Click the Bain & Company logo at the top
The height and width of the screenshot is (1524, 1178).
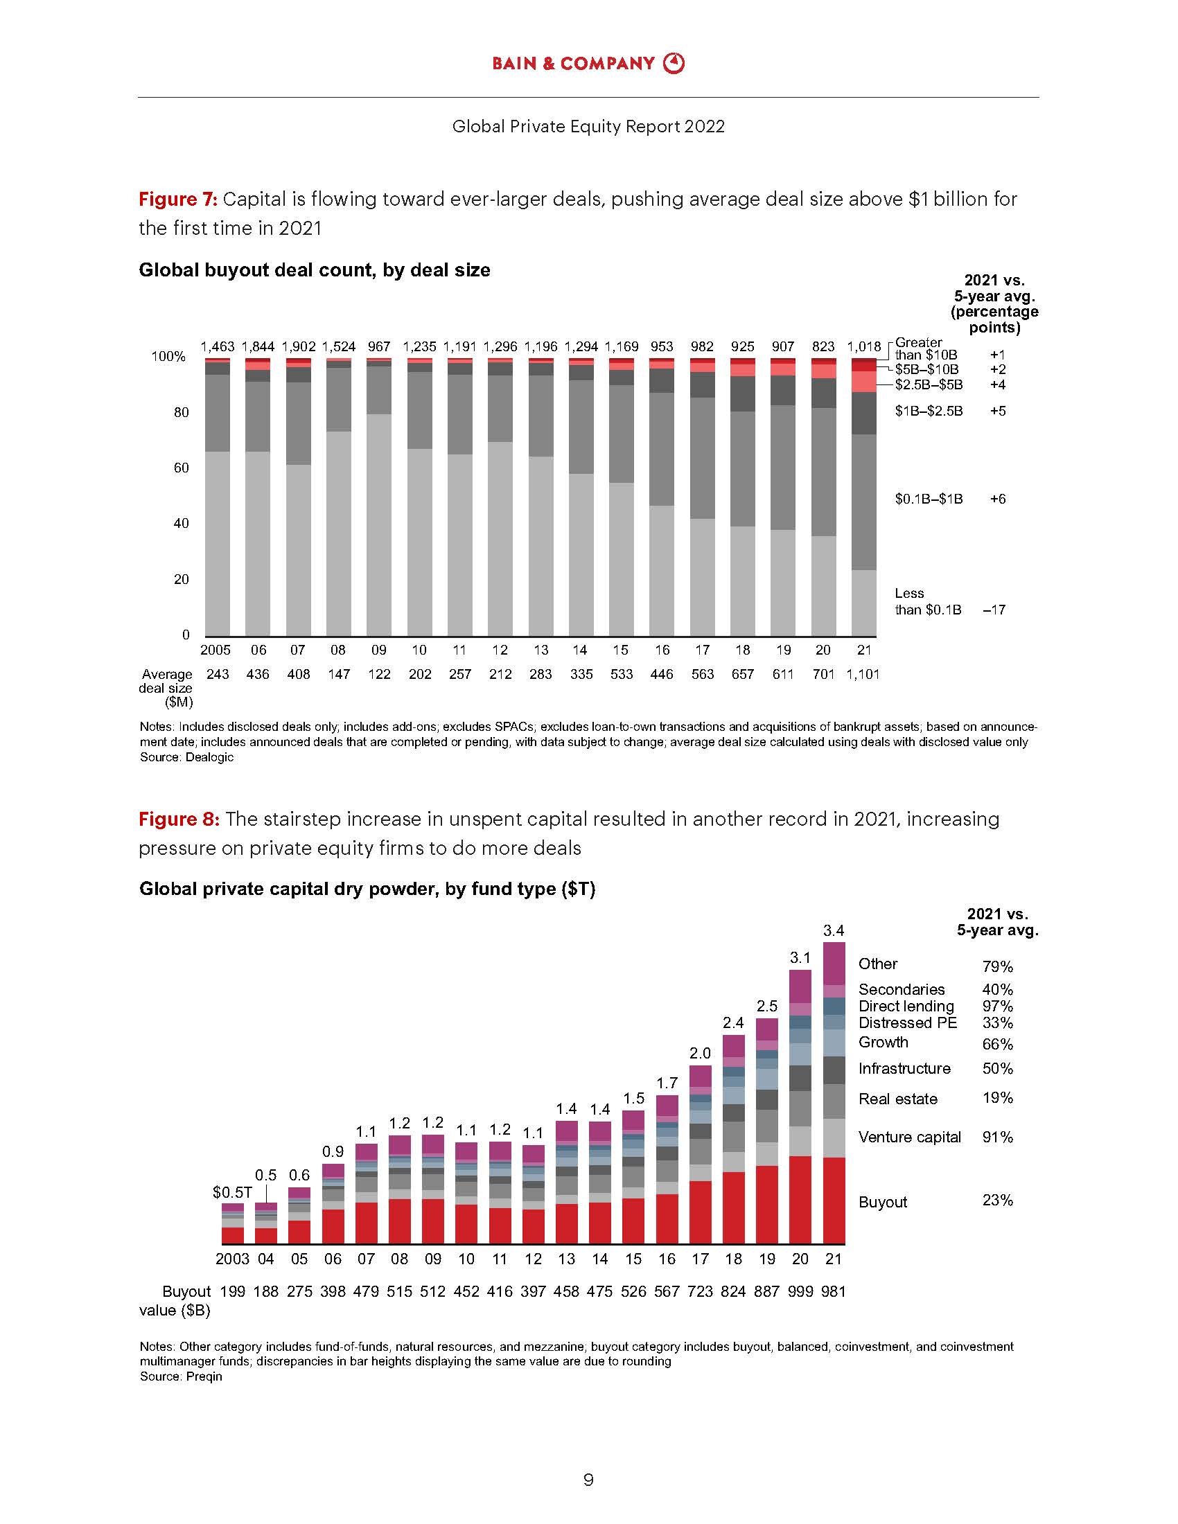[588, 64]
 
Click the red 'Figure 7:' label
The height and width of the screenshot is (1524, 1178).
[178, 200]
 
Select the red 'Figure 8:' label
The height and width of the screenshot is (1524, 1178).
[179, 819]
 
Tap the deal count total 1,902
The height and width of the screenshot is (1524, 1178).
[298, 346]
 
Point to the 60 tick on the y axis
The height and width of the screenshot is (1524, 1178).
[182, 468]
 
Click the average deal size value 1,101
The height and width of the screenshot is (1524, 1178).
[863, 674]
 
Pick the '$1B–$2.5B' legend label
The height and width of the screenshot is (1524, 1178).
[929, 411]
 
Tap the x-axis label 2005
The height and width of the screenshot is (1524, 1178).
[216, 650]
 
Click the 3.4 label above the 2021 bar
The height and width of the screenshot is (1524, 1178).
[833, 930]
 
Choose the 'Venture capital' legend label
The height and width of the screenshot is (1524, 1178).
[909, 1137]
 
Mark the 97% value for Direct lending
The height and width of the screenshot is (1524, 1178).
[997, 1007]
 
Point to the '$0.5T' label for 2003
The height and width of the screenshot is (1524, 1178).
[231, 1193]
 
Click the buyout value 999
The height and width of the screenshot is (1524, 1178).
[800, 1292]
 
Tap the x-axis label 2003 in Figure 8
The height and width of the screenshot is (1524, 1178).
[231, 1259]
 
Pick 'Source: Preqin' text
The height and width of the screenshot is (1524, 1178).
[181, 1376]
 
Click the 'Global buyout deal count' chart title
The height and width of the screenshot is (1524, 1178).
[314, 270]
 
